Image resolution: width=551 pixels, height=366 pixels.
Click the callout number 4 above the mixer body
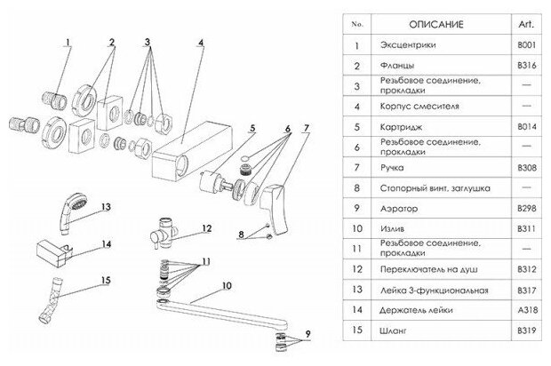pos(201,42)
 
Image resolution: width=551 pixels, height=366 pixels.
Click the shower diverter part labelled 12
pos(164,229)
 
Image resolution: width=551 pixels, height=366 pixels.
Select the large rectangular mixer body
pos(191,150)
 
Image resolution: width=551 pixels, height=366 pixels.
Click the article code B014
pos(525,126)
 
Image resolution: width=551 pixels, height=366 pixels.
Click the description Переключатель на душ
pos(425,269)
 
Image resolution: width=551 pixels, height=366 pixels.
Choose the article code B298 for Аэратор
pos(525,209)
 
